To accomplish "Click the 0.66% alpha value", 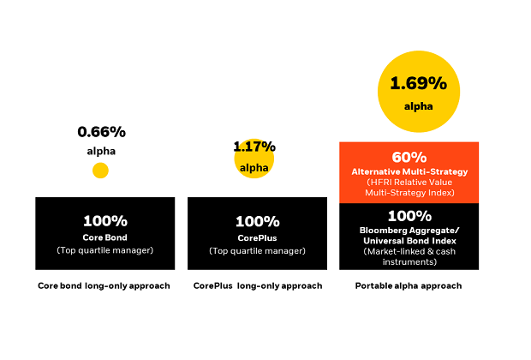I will [101, 132].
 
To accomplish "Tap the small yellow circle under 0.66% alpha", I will [100, 171].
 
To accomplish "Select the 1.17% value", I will [254, 147].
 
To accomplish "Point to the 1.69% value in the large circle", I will [419, 83].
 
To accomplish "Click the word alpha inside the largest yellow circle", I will [419, 106].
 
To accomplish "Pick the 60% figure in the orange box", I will [409, 157].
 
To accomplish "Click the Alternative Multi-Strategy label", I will [409, 171].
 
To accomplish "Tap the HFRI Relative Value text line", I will [409, 183].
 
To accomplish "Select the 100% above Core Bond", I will [104, 220].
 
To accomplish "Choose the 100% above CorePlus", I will [257, 220].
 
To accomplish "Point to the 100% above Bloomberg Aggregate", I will [409, 215].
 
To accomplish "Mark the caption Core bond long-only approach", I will [104, 285].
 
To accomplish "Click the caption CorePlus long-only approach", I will [257, 285].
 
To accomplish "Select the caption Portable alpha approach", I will [409, 285].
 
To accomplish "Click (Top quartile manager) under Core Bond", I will [104, 250].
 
